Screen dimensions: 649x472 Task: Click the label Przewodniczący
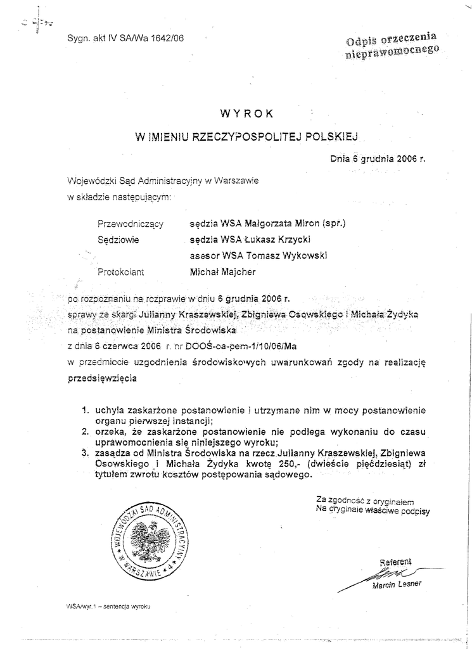click(x=131, y=224)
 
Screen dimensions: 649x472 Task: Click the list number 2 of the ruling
click(x=84, y=432)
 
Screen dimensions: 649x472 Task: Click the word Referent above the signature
click(x=395, y=562)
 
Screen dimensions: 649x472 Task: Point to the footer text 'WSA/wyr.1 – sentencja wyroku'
click(x=107, y=606)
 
